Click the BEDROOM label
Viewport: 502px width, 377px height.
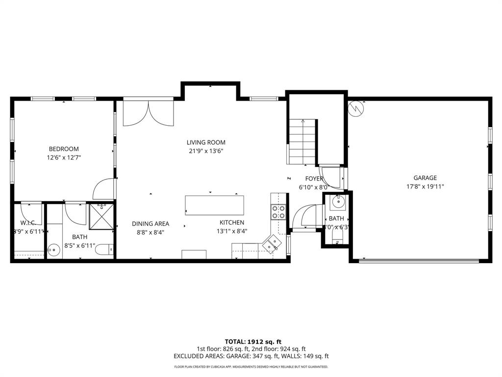tap(63, 149)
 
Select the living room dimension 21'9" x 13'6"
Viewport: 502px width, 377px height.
tap(206, 151)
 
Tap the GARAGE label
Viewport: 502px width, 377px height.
tap(425, 178)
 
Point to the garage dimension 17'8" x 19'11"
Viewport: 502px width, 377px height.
tap(425, 187)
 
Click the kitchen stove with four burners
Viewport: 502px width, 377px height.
tap(278, 212)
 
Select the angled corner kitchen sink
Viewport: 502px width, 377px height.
tap(271, 243)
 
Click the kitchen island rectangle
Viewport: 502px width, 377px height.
tap(214, 205)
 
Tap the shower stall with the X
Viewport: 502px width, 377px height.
tap(100, 216)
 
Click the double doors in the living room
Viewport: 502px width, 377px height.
tap(149, 113)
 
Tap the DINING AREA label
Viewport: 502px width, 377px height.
tap(151, 223)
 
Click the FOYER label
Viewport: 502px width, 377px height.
tap(314, 179)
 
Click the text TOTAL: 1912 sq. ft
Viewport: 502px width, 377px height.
tap(253, 342)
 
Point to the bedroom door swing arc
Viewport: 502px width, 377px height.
tap(104, 188)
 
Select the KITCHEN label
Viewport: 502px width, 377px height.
tap(231, 222)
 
